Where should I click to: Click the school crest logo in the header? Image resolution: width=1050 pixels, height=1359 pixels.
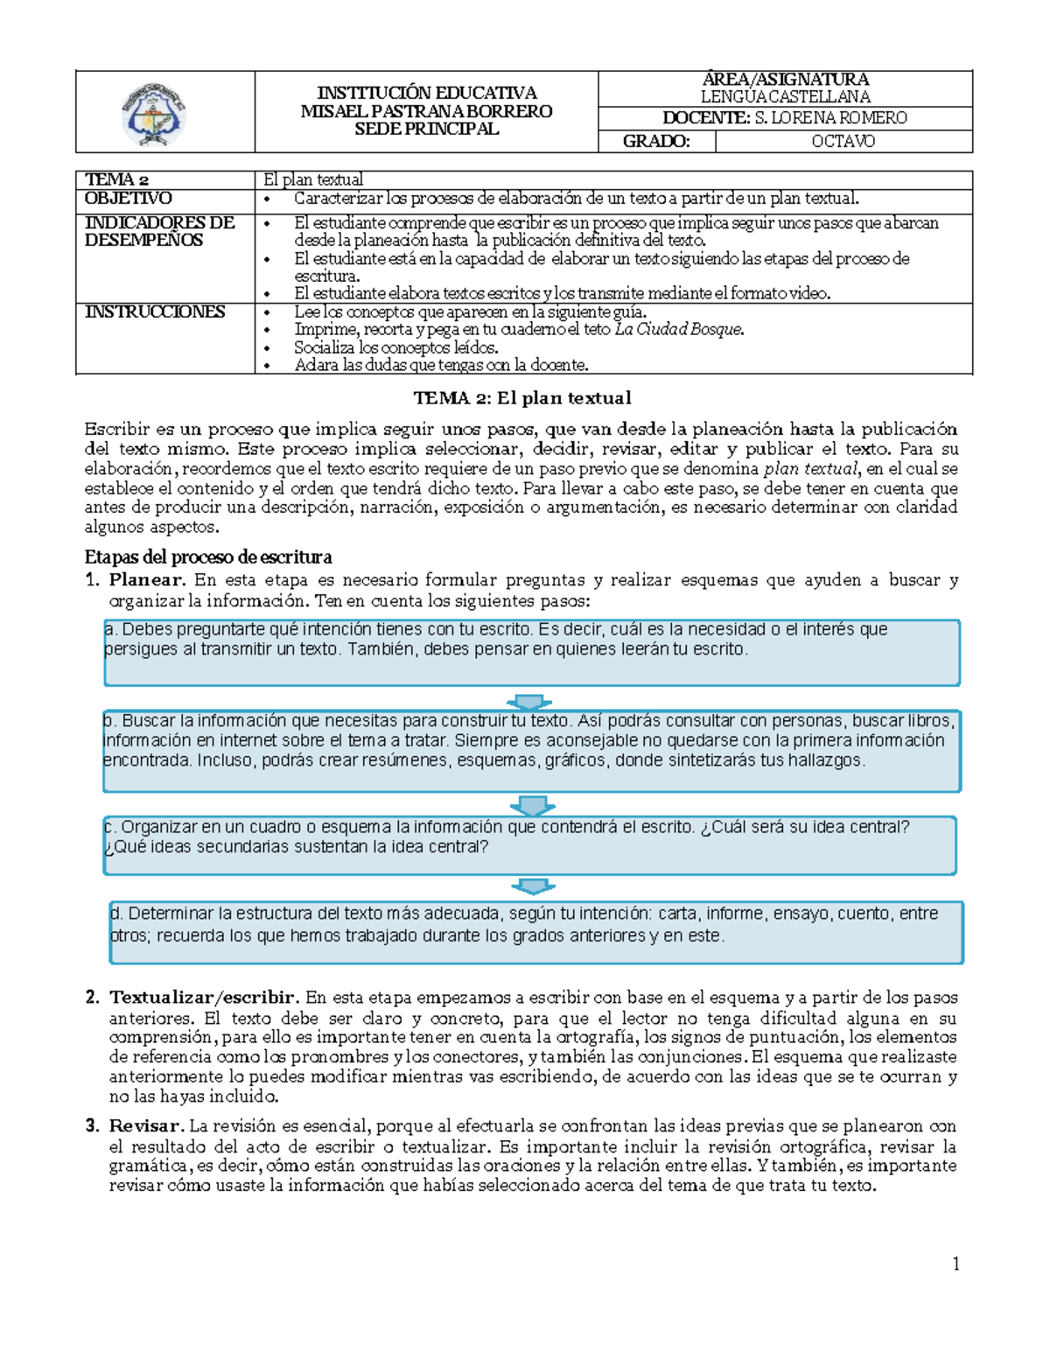pyautogui.click(x=153, y=114)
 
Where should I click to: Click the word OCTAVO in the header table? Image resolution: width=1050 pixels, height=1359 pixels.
pyautogui.click(x=843, y=141)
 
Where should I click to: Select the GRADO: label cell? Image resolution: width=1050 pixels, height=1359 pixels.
pyautogui.click(x=656, y=141)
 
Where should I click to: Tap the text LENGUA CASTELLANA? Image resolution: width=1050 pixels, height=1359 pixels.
pyautogui.click(x=785, y=96)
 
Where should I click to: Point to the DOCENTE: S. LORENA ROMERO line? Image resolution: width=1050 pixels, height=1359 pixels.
pyautogui.click(x=784, y=118)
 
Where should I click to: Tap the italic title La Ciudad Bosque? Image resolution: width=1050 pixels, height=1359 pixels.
pyautogui.click(x=679, y=329)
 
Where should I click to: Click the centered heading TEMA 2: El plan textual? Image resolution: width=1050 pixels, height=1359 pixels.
pyautogui.click(x=522, y=398)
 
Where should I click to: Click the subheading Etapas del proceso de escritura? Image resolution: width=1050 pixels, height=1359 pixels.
pyautogui.click(x=208, y=557)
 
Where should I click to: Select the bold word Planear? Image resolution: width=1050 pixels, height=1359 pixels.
pyautogui.click(x=147, y=579)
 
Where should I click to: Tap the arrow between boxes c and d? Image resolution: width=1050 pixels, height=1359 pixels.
pyautogui.click(x=532, y=886)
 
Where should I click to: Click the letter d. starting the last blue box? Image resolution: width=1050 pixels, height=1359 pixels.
pyautogui.click(x=116, y=914)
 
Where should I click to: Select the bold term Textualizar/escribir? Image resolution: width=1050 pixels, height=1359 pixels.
pyautogui.click(x=205, y=998)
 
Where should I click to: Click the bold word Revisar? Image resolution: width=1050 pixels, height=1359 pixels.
pyautogui.click(x=146, y=1126)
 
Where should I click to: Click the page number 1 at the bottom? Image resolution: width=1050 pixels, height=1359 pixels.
pyautogui.click(x=955, y=1263)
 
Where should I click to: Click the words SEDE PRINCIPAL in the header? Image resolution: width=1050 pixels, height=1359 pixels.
pyautogui.click(x=426, y=129)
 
